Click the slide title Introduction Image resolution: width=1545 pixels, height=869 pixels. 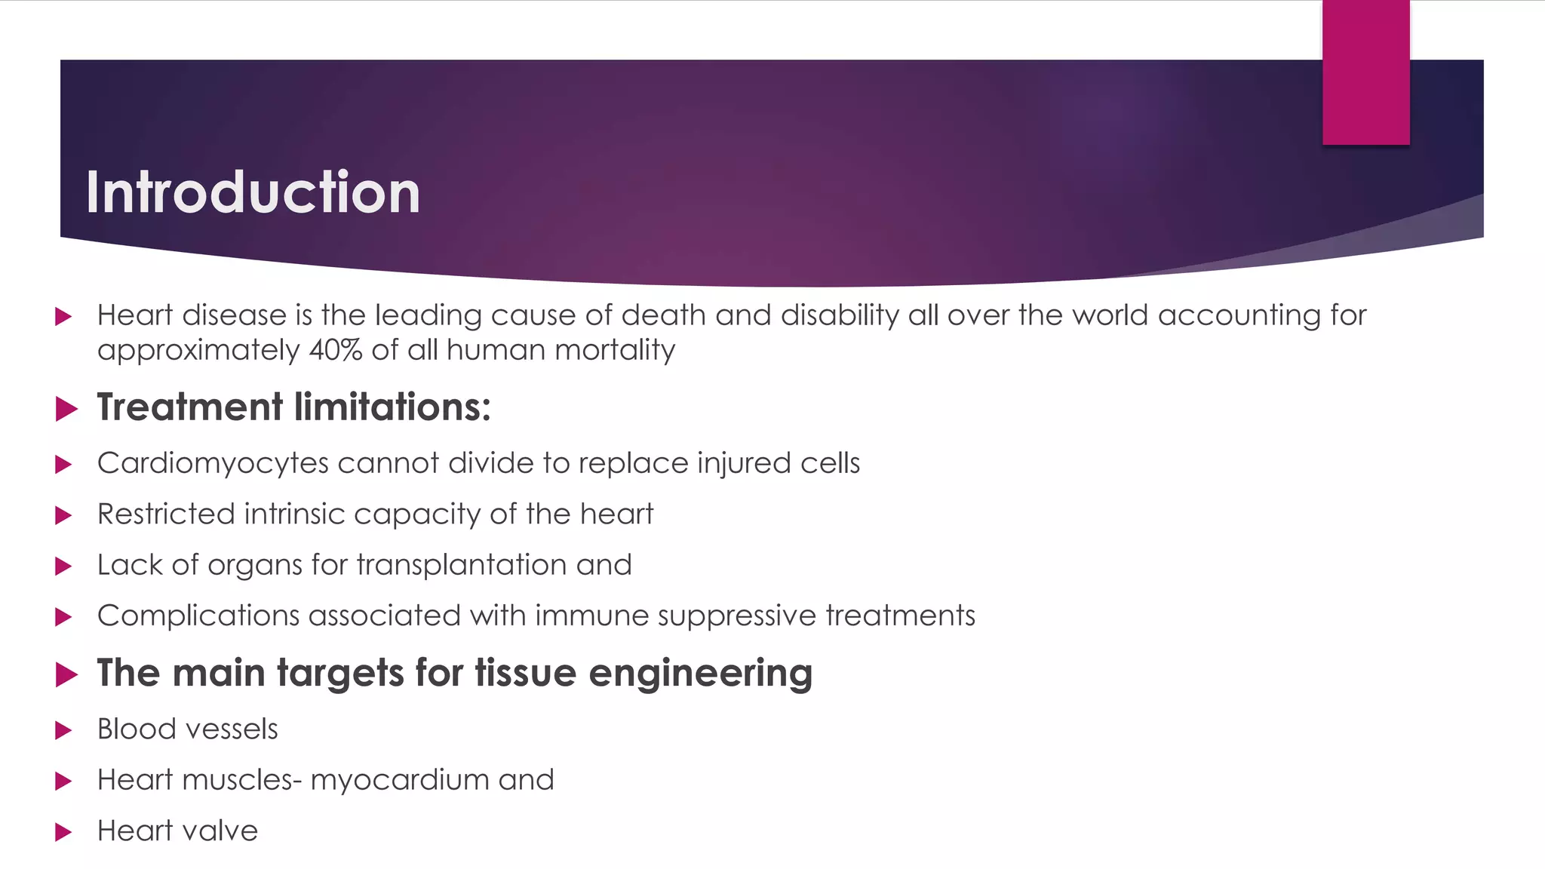[253, 192]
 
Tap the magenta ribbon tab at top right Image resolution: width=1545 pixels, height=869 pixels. [1365, 72]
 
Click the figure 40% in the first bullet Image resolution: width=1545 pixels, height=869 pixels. [336, 351]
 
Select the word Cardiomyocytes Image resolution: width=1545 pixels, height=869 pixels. [213, 463]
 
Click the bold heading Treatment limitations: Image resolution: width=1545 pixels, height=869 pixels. [293, 407]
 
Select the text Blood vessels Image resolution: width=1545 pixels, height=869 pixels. [187, 729]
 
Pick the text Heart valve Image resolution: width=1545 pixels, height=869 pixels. [177, 831]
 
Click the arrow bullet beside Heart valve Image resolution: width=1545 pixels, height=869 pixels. [64, 833]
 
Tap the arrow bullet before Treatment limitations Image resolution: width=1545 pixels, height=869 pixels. [66, 410]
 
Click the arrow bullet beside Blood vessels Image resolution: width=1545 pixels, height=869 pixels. [64, 731]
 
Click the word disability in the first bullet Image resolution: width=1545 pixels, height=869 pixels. [840, 315]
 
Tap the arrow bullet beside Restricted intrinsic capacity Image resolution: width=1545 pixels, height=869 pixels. [64, 516]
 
